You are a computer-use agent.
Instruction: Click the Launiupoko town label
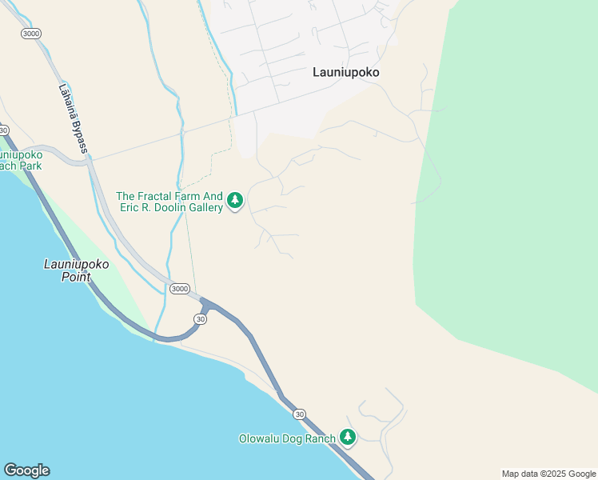(345, 72)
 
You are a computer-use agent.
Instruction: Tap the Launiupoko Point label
(76, 270)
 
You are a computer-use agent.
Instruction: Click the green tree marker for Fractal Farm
(235, 200)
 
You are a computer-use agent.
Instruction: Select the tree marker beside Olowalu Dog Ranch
(347, 437)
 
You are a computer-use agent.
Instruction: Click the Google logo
(26, 470)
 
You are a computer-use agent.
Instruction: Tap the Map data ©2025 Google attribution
(548, 474)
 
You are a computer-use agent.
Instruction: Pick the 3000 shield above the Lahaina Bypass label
(31, 34)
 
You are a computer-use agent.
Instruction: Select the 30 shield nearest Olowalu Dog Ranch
(299, 414)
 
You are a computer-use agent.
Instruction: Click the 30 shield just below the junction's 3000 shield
(201, 318)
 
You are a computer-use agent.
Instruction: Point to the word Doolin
(162, 208)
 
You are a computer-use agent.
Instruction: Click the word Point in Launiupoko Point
(77, 278)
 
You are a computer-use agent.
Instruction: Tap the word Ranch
(320, 438)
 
